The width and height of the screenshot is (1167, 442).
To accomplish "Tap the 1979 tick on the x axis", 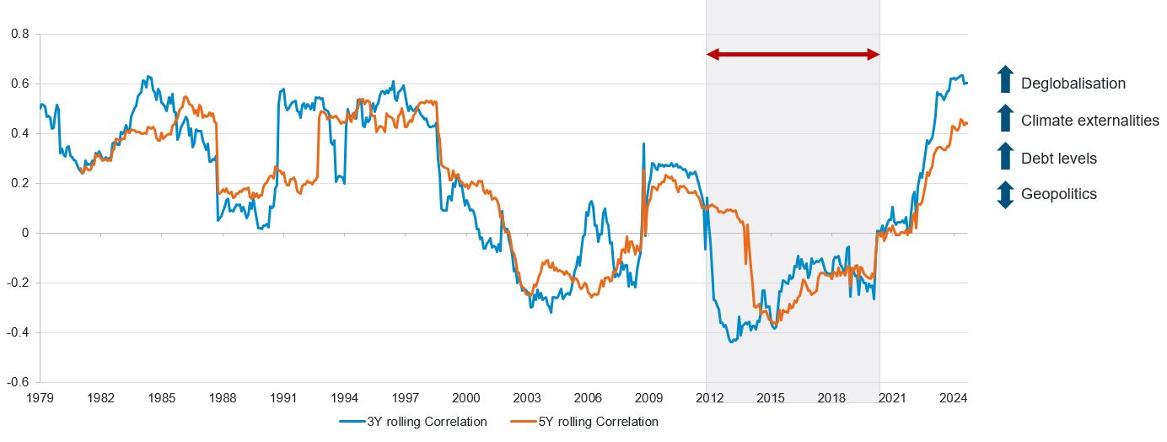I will tap(40, 397).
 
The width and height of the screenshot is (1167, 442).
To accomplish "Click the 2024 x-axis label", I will tap(953, 397).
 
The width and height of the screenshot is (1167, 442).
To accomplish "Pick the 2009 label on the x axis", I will tap(648, 397).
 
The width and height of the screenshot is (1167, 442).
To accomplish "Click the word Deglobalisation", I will tap(1073, 84).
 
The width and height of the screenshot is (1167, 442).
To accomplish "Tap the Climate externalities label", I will tap(1089, 121).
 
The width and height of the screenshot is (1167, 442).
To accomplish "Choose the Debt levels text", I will tap(1058, 159).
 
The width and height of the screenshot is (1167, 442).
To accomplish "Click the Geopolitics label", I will tap(1058, 194).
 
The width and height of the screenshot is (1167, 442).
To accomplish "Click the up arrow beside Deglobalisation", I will tap(1004, 79).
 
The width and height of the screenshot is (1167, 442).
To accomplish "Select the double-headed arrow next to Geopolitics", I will tap(1004, 195).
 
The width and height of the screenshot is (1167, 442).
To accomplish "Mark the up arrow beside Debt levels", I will tap(1004, 156).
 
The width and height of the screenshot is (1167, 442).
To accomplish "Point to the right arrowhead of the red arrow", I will tap(874, 55).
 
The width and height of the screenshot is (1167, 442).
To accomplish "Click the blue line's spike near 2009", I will tap(644, 144).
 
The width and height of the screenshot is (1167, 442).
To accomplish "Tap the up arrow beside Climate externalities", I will tap(1004, 118).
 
